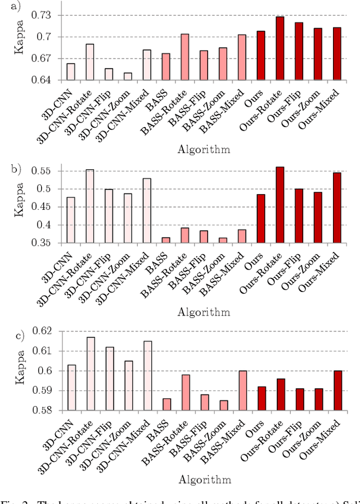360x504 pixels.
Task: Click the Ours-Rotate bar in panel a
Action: (280, 48)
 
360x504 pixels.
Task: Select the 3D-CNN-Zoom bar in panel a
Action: (128, 76)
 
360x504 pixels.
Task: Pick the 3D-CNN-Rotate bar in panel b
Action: (89, 206)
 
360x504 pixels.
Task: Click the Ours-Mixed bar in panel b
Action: (337, 208)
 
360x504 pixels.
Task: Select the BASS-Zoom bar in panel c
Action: (223, 405)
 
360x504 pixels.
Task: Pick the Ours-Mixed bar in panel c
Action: (337, 390)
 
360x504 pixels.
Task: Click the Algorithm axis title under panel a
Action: (204, 148)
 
